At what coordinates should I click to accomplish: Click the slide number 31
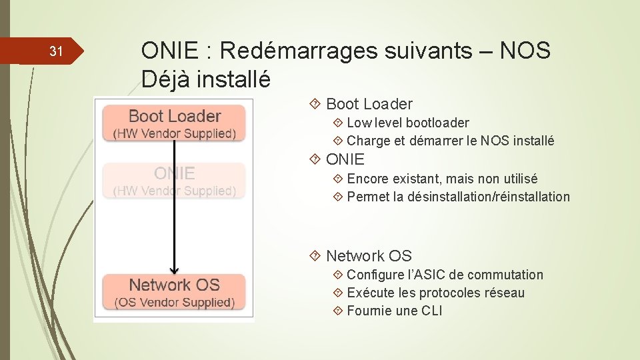coord(57,52)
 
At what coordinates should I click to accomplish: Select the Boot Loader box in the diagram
coord(174,123)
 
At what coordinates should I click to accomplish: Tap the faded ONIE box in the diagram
coord(174,181)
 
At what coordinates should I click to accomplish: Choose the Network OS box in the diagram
coord(174,292)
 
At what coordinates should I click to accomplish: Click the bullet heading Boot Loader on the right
coord(369,104)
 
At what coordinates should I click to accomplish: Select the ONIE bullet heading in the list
coord(345,159)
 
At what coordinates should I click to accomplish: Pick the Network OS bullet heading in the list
coord(369,256)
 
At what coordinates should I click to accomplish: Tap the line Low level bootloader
coord(407,123)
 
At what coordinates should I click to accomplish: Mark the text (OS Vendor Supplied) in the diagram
coord(174,303)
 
